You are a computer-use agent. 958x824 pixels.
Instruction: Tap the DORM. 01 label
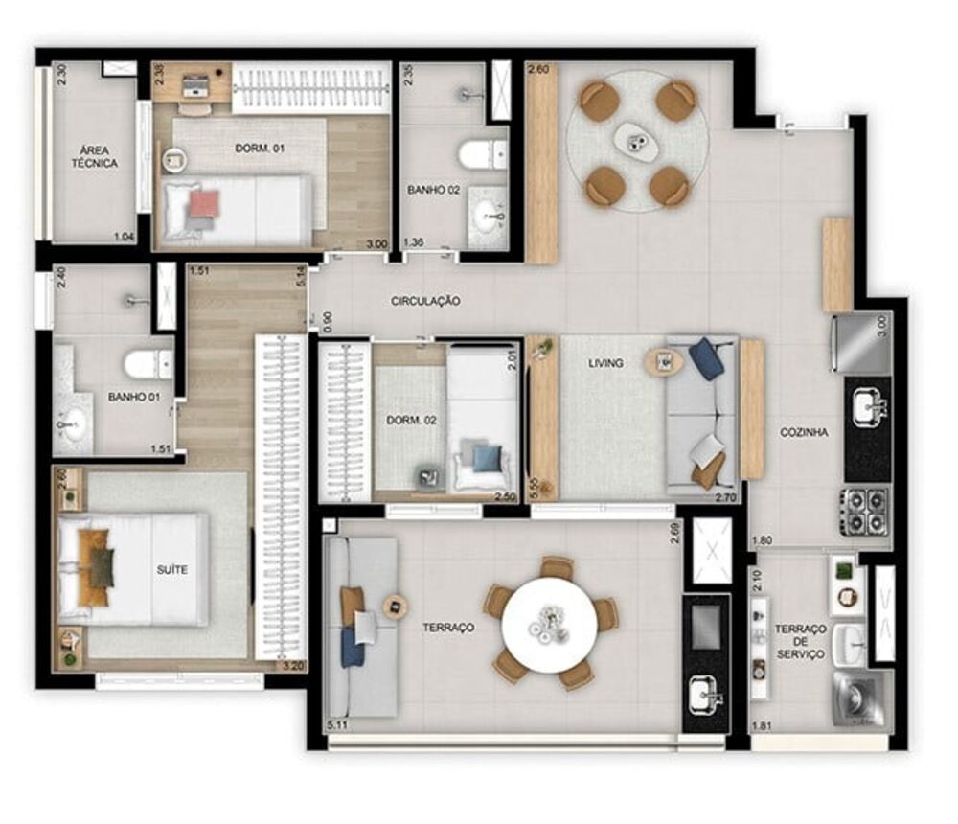pyautogui.click(x=260, y=149)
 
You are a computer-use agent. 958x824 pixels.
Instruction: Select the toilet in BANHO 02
pyautogui.click(x=481, y=152)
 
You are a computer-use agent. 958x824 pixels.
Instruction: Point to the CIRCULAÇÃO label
pyautogui.click(x=425, y=301)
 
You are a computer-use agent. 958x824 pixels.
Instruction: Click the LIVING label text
pyautogui.click(x=606, y=363)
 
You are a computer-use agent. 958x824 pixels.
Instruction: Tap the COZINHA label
pyautogui.click(x=804, y=432)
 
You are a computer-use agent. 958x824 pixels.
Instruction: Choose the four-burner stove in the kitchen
pyautogui.click(x=865, y=512)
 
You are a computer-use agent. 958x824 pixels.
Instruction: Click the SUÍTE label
pyautogui.click(x=172, y=570)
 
